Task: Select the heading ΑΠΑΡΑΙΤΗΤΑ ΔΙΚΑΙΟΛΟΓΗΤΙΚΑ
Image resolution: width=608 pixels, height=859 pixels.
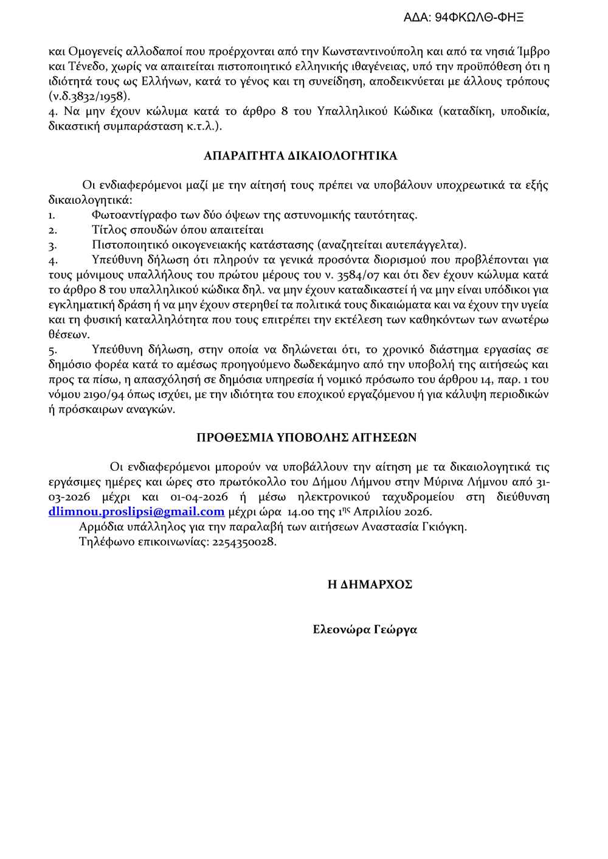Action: (300, 156)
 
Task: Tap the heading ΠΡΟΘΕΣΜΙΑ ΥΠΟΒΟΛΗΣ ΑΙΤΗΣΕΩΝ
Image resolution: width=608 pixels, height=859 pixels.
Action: (306, 437)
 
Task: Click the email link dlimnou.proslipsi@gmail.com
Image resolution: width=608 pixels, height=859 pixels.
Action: (136, 512)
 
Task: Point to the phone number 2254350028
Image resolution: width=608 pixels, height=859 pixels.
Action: (244, 541)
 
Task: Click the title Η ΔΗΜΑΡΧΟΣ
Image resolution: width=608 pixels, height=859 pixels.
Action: (370, 584)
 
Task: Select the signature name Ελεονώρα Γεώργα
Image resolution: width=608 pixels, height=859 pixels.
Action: (365, 630)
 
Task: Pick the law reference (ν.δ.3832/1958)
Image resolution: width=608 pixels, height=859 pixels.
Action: (89, 96)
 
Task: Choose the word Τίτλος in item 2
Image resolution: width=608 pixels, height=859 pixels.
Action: (108, 230)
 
